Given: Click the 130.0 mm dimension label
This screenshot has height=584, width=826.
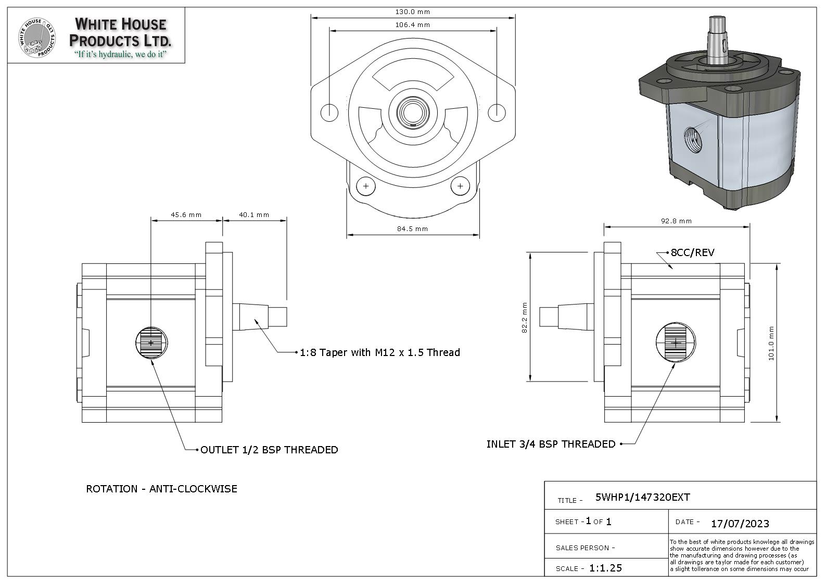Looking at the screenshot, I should (x=413, y=11).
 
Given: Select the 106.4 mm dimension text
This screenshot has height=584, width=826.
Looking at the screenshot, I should (x=413, y=24).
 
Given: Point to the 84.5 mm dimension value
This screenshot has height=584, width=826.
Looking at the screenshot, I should (x=412, y=228).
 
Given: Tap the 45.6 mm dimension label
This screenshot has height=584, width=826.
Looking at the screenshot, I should (x=186, y=214).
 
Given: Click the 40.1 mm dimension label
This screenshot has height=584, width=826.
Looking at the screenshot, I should (x=254, y=214).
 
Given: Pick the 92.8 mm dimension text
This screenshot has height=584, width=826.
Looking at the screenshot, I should (x=676, y=221).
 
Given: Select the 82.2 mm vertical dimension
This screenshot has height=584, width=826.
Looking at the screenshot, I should (x=524, y=318).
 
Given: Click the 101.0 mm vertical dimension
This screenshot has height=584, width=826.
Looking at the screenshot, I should (x=771, y=343).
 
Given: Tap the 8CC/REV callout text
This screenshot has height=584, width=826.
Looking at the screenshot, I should (x=692, y=253).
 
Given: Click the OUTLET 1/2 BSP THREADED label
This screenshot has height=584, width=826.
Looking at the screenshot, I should (x=269, y=450).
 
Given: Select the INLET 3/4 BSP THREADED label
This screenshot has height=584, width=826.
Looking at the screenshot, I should (x=551, y=444).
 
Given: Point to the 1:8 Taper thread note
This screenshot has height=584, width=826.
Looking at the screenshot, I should (x=380, y=352).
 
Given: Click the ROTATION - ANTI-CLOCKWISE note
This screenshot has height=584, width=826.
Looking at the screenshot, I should (x=161, y=489).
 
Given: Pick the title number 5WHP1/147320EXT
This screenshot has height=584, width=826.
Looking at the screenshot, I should (x=642, y=497).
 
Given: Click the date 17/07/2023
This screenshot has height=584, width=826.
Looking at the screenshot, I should (x=740, y=523).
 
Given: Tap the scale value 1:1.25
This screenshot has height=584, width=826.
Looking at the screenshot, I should (x=605, y=568).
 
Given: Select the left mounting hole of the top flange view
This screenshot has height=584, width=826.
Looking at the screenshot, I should (x=329, y=112).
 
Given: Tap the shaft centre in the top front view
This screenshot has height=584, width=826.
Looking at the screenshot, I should (x=412, y=111).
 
